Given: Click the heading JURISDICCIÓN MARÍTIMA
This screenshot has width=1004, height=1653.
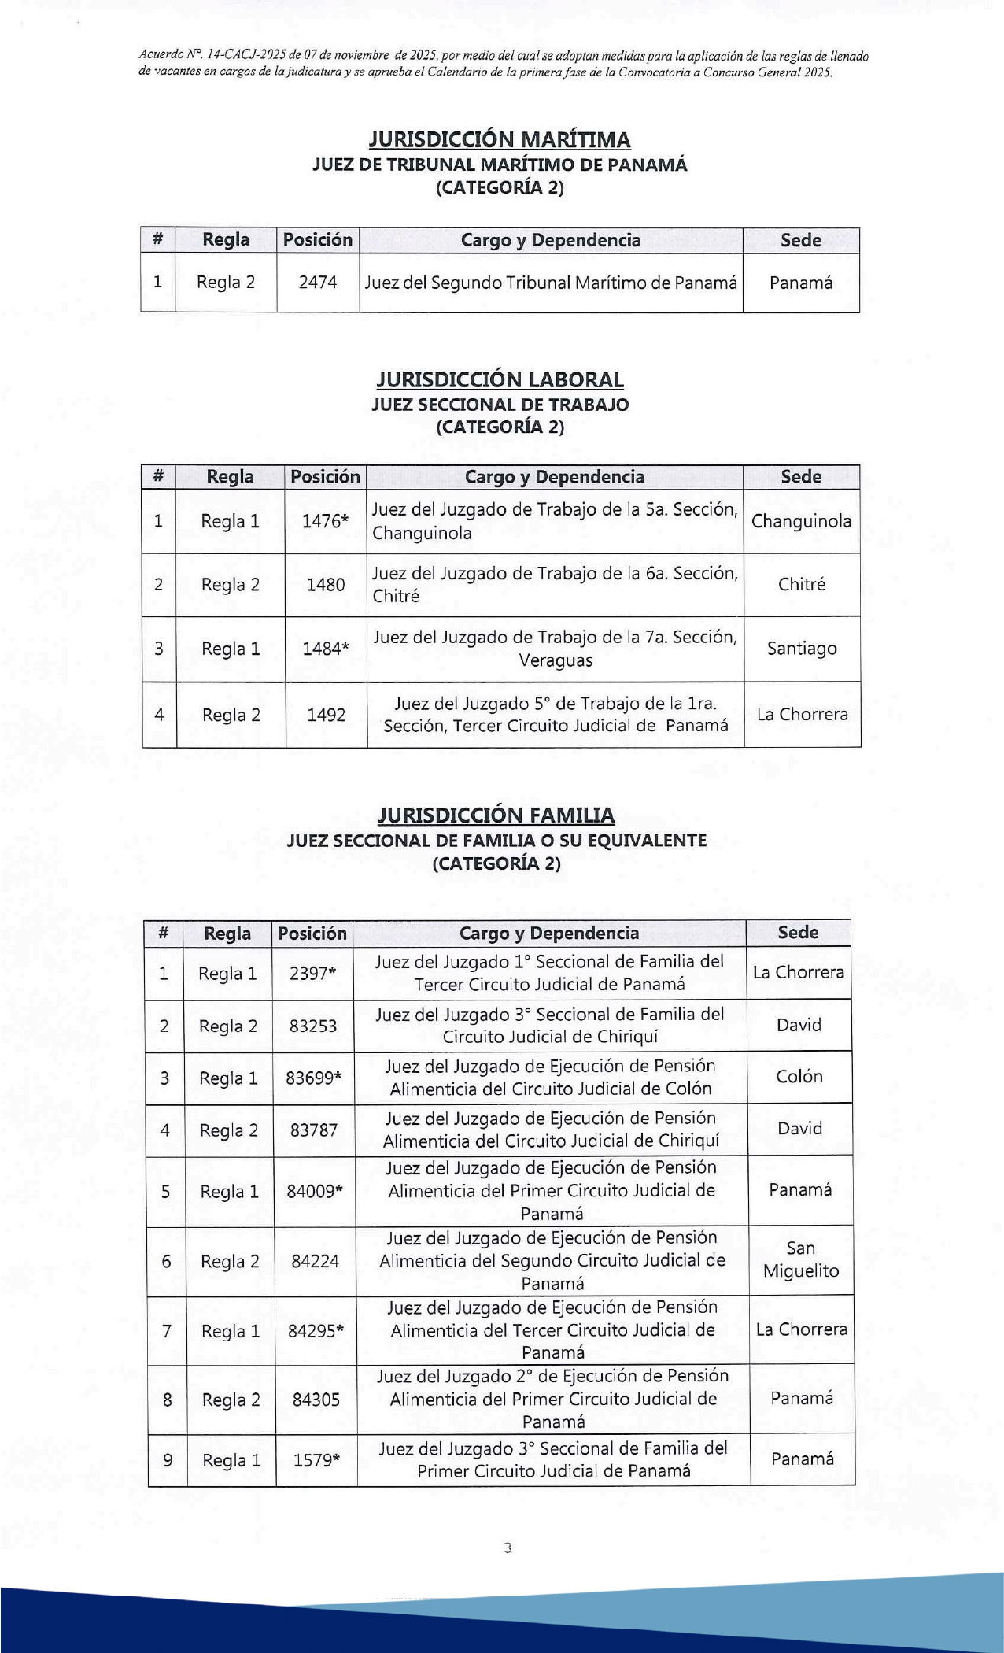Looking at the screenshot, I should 500,140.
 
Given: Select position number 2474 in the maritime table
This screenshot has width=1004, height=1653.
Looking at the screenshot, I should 318,283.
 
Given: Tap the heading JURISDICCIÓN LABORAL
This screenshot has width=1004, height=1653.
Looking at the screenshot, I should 500,380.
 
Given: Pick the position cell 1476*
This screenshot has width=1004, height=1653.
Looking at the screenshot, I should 325,521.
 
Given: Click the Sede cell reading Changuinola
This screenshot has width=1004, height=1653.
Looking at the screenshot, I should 801,521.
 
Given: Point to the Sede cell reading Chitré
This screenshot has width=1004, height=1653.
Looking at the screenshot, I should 801,584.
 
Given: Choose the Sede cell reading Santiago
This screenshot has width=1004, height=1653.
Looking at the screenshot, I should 801,649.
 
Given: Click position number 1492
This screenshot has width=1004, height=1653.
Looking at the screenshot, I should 326,715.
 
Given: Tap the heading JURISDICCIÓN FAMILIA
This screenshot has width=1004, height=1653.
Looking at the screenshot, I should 496,815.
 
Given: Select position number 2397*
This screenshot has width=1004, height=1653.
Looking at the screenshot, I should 312,974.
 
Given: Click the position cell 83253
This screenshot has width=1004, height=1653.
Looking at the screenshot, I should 313,1026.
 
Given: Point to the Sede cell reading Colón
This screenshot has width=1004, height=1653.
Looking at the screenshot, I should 799,1077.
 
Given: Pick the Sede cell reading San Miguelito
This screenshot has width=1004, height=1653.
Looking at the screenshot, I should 801,1259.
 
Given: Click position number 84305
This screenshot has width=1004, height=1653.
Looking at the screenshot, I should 316,1400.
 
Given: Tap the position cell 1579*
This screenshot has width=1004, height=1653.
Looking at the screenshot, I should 316,1460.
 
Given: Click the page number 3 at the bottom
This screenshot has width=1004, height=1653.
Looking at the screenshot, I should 508,1548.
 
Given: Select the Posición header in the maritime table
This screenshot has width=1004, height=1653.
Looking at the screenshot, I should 318,240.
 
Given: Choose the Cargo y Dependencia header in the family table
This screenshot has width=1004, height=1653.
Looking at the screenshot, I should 549,934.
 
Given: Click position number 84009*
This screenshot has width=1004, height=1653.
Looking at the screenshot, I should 315,1191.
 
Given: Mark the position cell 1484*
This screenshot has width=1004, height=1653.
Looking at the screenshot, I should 326,649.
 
